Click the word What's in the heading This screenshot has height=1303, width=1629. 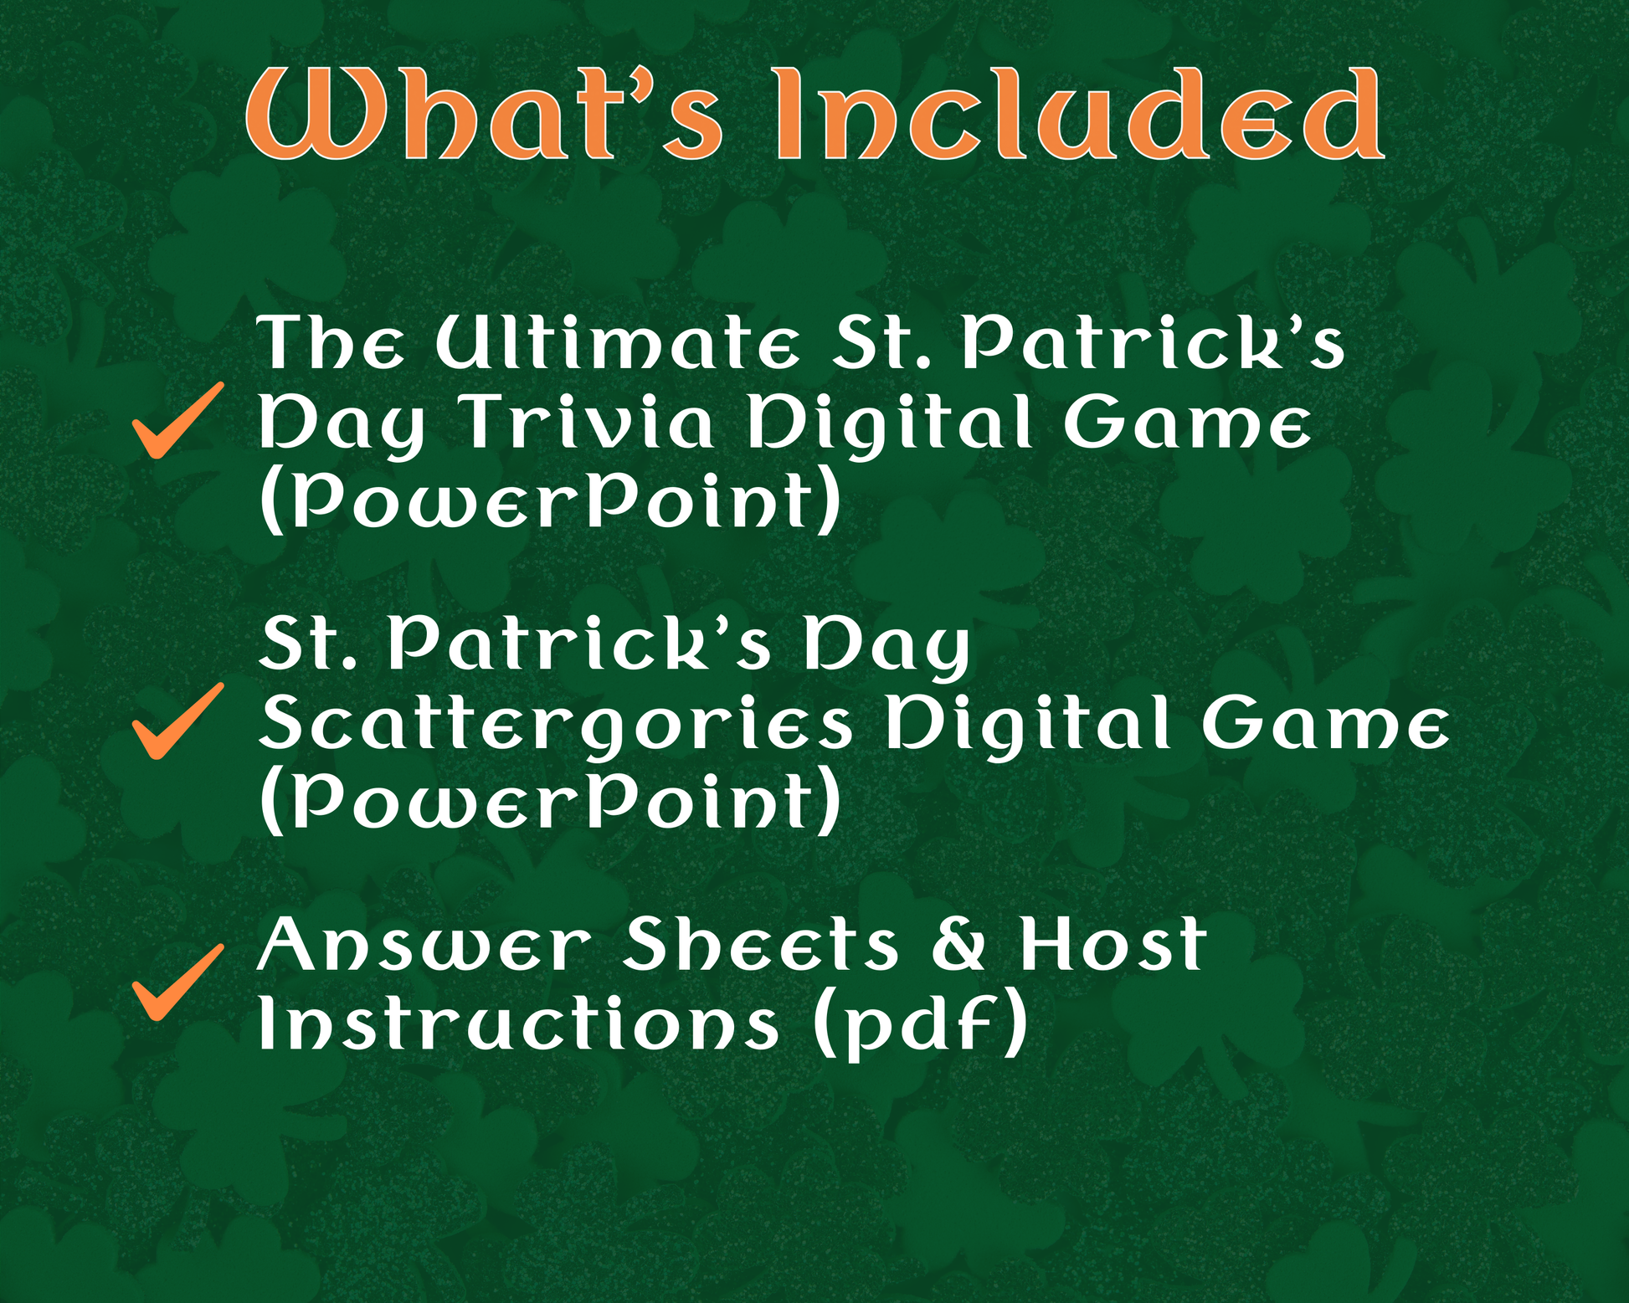tap(483, 114)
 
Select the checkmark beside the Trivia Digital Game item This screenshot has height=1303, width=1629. tap(178, 420)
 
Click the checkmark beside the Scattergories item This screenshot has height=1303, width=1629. tap(178, 721)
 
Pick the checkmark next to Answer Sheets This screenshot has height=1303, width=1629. tap(178, 982)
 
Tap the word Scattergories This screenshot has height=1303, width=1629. tap(557, 725)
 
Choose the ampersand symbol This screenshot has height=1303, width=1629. tap(959, 944)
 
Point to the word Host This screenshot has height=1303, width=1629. tap(1113, 944)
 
